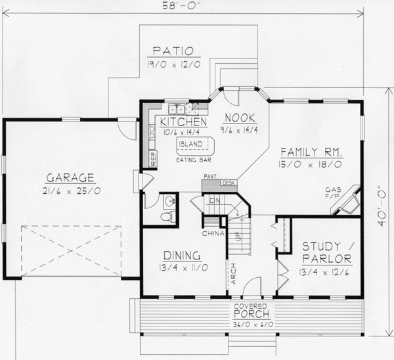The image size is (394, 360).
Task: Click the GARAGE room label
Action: click(70, 177)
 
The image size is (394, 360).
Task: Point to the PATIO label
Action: click(172, 51)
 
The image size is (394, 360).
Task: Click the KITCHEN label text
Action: click(180, 122)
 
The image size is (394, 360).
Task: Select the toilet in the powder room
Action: click(167, 216)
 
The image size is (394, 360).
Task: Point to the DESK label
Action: click(229, 183)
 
